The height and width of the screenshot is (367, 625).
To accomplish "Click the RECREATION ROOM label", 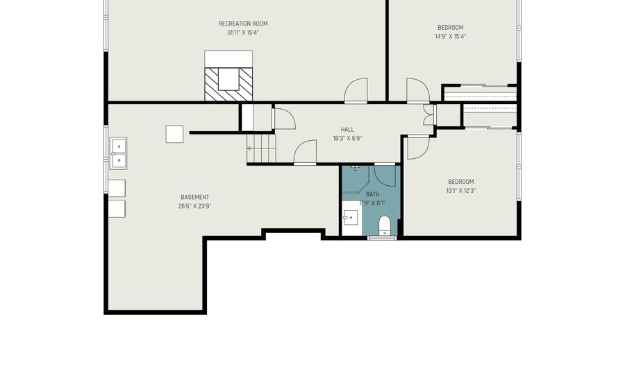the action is pos(243,24).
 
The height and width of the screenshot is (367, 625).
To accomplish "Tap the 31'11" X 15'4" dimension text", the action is pos(243,33).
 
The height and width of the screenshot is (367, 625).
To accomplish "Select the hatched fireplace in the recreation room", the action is pos(228,85).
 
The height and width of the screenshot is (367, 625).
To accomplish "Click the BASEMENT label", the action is pos(194,197).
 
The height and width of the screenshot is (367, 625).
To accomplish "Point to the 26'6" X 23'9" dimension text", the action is pos(194,206).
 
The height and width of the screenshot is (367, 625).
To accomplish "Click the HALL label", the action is pos(347,129).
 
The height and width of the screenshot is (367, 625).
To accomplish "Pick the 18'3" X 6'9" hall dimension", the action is pos(347,139).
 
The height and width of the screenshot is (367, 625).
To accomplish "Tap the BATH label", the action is pos(372,194).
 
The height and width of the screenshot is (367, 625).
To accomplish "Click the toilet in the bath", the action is pos(384,225).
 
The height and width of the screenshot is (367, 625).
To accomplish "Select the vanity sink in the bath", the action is pos(352,218).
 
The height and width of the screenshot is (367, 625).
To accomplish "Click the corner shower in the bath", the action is pos(356,179).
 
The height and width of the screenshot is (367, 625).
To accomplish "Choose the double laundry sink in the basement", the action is pos(118,153).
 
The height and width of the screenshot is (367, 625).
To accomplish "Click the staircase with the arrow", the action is pos(261,148).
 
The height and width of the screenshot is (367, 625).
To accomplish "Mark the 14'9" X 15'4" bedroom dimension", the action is pos(451,37).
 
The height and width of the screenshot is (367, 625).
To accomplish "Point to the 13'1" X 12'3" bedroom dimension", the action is pos(461,191).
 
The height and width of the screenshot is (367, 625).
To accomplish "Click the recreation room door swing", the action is pos(356,91).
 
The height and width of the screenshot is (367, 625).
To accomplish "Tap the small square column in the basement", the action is pos(174,134).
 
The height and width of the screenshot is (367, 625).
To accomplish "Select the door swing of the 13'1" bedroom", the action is pos(418,148).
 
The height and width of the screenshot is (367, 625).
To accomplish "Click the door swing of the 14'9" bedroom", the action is pos(418,90).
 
